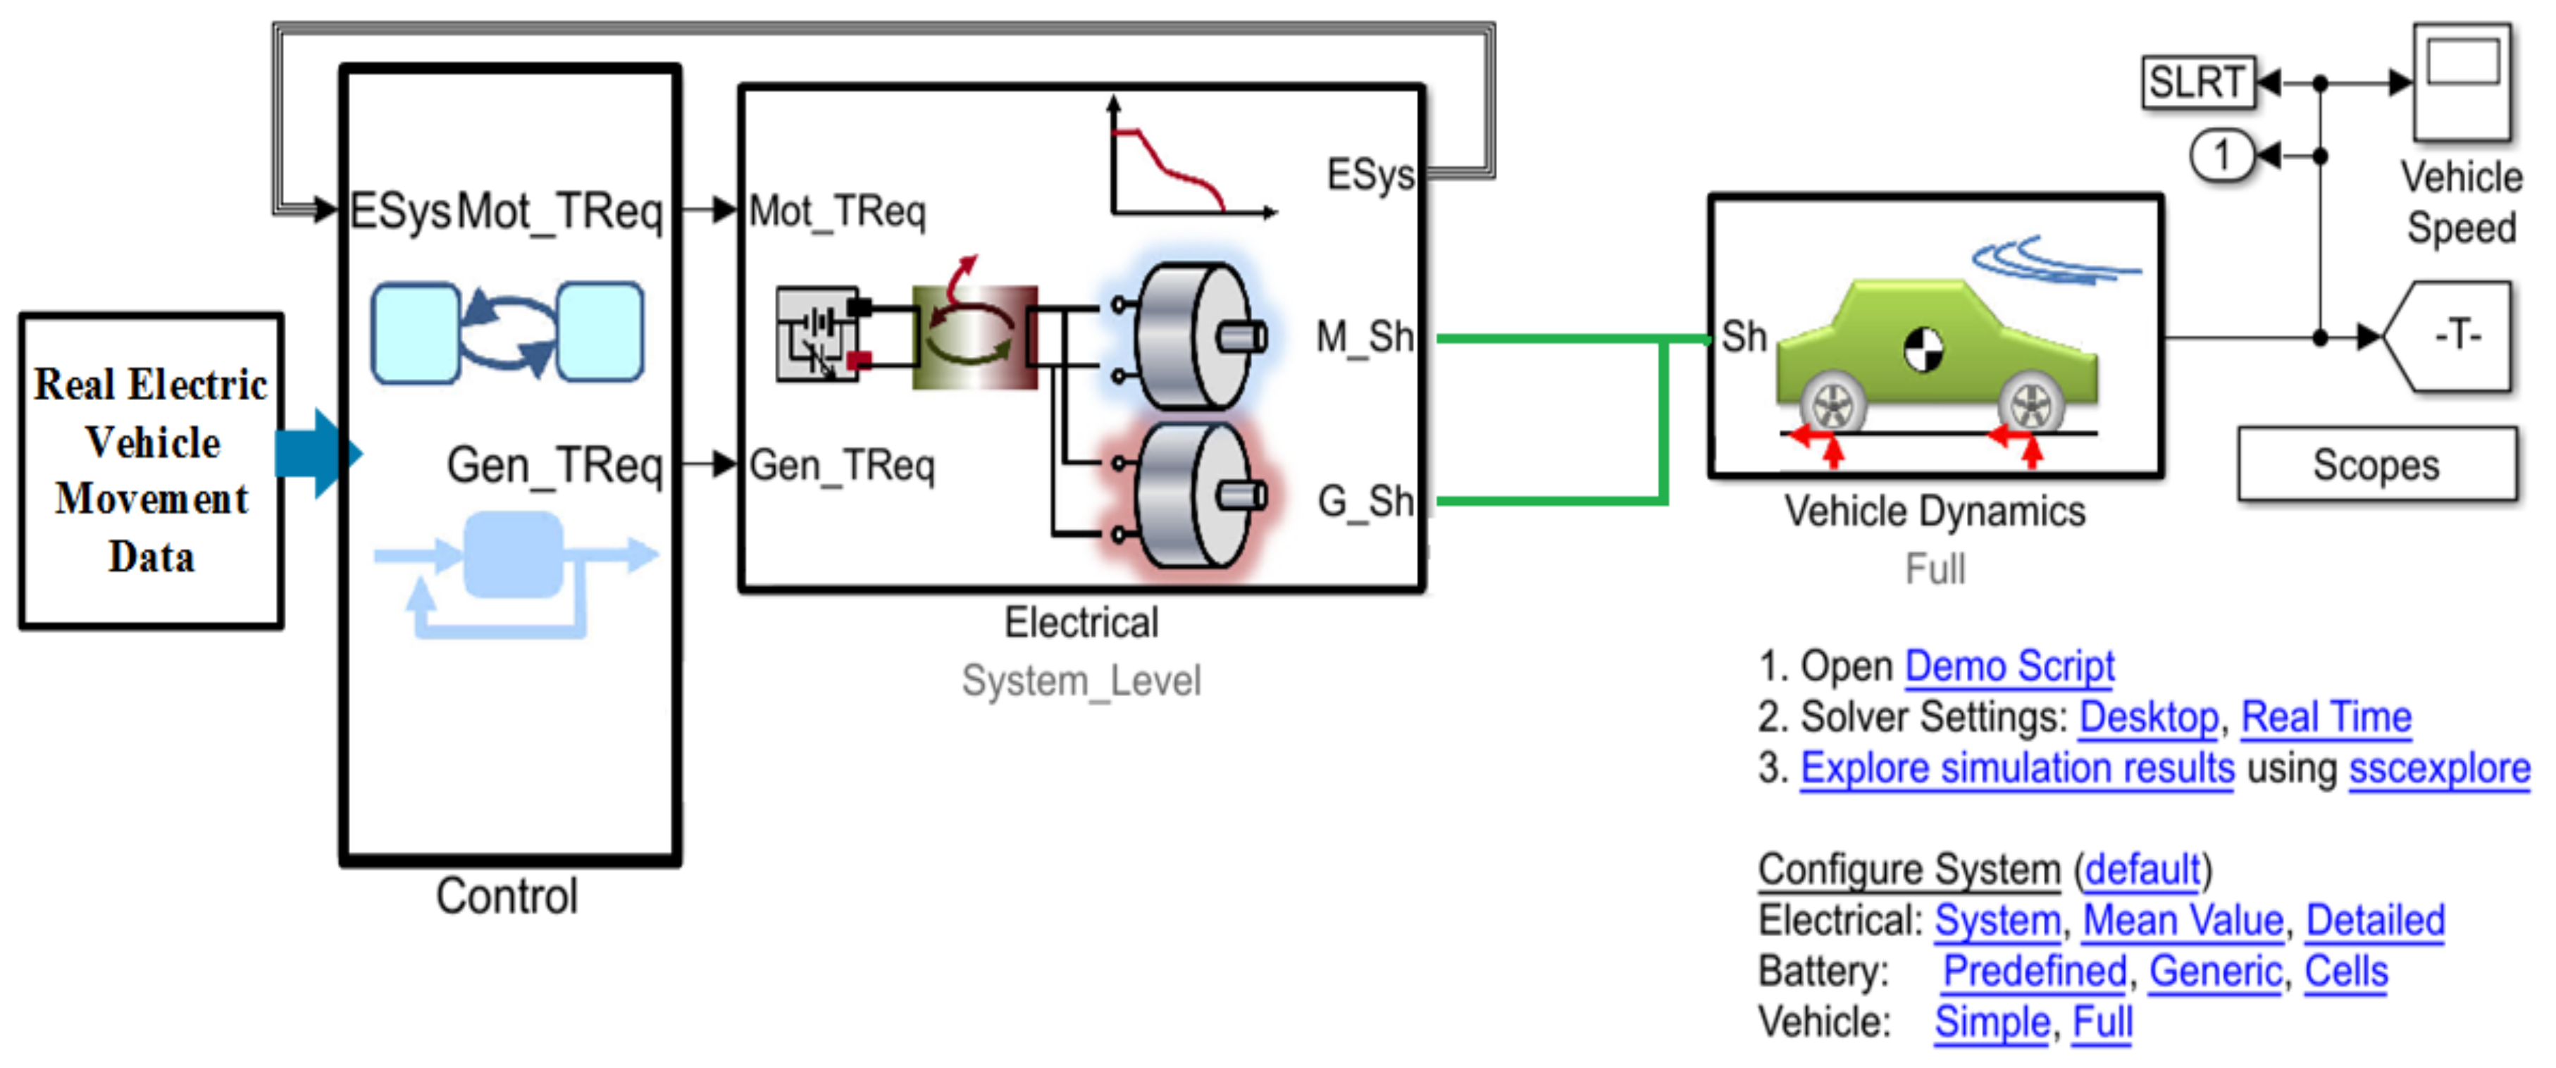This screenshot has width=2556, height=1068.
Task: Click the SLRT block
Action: pos(2197,82)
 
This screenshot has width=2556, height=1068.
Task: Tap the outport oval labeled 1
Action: pos(2221,156)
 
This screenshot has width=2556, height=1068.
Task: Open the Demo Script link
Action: pos(2009,666)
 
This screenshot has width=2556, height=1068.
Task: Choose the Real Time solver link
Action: pos(2326,716)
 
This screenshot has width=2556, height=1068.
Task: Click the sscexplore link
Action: pos(2439,769)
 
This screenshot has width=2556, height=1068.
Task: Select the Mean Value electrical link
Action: pos(2182,920)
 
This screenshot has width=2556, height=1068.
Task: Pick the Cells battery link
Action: pos(2345,971)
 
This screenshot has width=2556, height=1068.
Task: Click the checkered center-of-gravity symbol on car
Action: pos(1923,350)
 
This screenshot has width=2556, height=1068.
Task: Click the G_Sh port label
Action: pos(1365,502)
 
